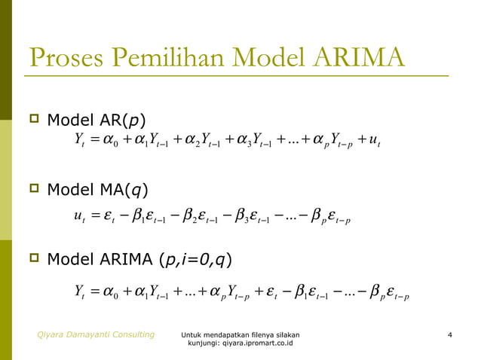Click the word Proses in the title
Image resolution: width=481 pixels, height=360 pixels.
pyautogui.click(x=63, y=58)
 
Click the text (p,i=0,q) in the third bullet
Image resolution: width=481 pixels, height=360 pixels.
pyautogui.click(x=194, y=261)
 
